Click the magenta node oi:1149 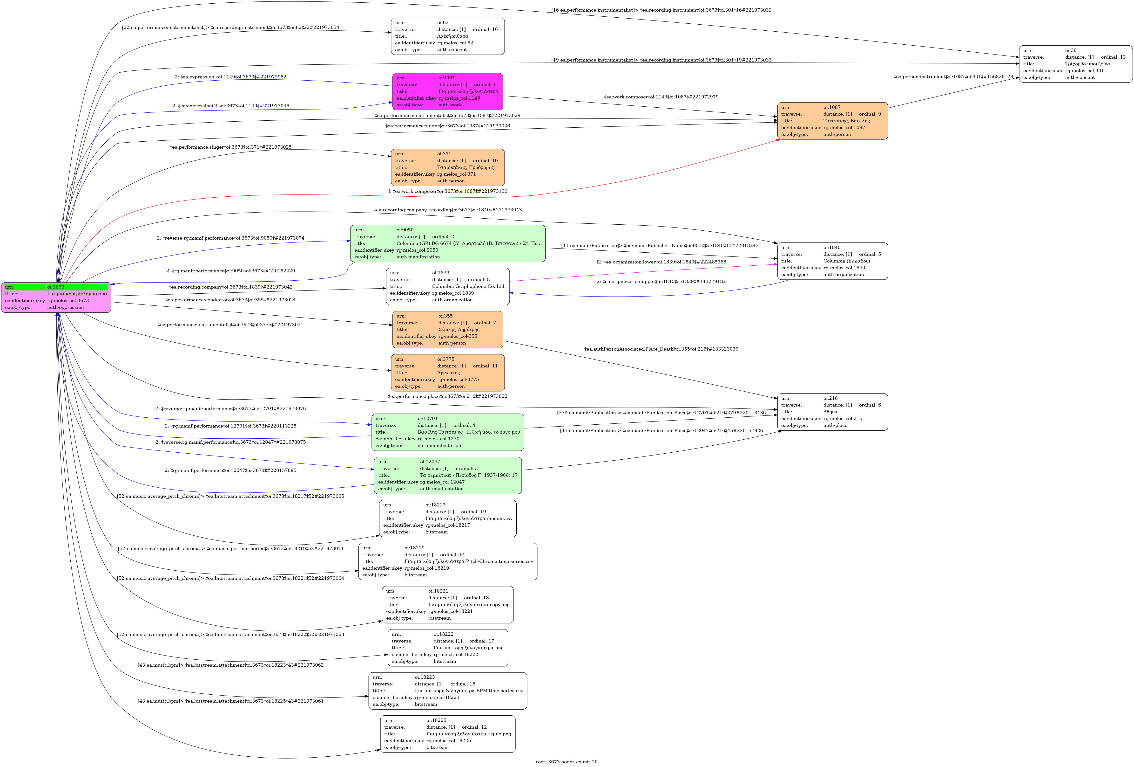(x=447, y=91)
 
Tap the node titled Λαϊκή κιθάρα (x=447, y=36)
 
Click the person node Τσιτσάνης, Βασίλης (x=832, y=121)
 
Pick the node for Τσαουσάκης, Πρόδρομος (x=447, y=167)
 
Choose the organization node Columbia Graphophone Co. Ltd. (x=447, y=287)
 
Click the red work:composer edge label (x=447, y=191)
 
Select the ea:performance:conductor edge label (x=230, y=300)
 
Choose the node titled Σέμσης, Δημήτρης (x=447, y=330)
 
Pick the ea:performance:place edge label (x=447, y=396)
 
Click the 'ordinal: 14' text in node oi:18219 (x=452, y=555)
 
